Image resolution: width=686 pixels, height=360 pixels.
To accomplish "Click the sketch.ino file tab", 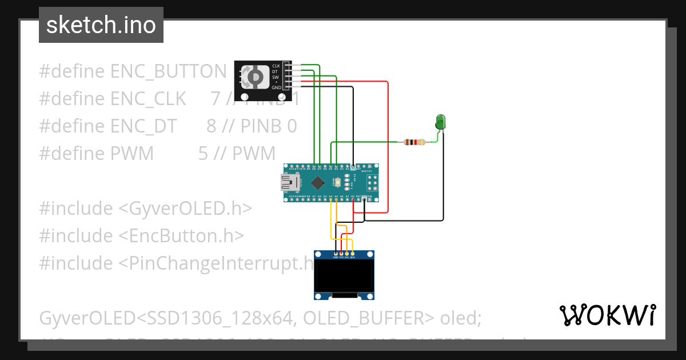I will coord(101,25).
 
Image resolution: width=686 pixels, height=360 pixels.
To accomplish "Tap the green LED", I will coord(441,122).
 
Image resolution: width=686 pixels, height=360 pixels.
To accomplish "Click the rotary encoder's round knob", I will coord(254,77).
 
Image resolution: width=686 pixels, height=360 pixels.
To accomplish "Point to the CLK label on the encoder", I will coord(276,66).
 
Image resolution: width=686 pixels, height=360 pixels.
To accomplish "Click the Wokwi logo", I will coord(607,315).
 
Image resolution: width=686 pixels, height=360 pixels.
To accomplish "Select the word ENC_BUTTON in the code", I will coord(169,71).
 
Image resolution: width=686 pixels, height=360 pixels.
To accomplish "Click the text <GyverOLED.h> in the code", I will coord(185,208).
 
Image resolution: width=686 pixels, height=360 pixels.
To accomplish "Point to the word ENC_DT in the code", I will coord(143,126).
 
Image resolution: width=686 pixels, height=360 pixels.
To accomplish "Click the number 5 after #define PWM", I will coord(203,153).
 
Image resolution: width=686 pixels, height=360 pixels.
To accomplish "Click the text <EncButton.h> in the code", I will coord(181,235).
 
